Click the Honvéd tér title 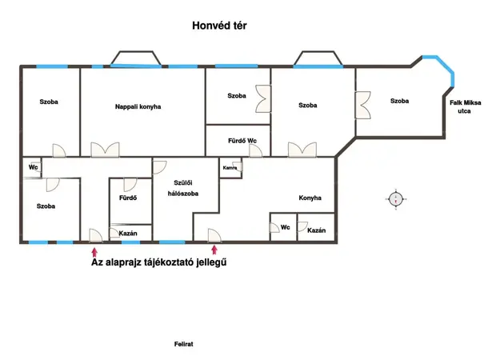[219, 26]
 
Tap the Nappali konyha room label [138, 106]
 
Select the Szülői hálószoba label [183, 188]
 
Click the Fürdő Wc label [242, 141]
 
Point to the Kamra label [230, 168]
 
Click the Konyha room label [310, 198]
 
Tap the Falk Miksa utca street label [466, 106]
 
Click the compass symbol [396, 199]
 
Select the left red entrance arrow [94, 253]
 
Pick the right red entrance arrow [214, 250]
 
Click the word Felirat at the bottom [183, 344]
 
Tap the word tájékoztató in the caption [169, 262]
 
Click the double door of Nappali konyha [105, 150]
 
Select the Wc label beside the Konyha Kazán [286, 227]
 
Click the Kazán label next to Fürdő [128, 233]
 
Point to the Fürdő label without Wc [128, 198]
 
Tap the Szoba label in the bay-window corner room [399, 101]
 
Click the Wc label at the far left [34, 167]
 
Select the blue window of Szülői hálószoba [172, 242]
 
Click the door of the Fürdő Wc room [256, 151]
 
